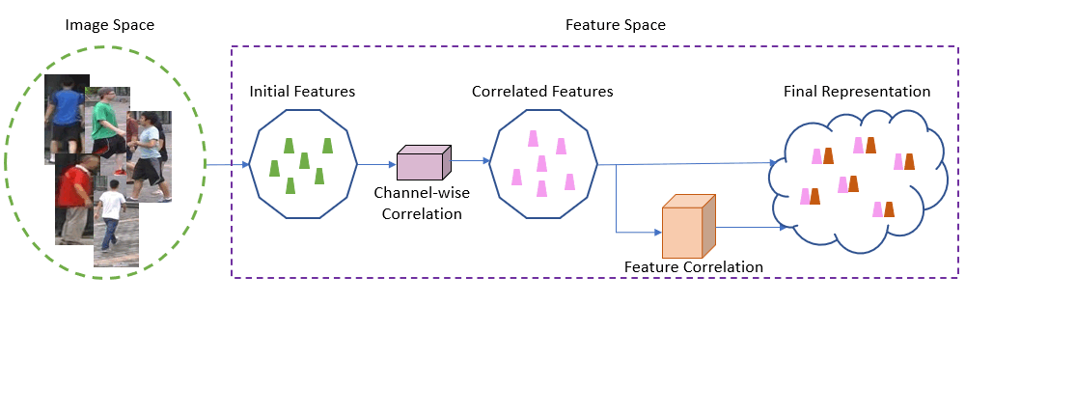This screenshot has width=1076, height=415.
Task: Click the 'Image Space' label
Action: tap(109, 25)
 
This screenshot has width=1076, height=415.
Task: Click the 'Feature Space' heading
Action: tap(615, 25)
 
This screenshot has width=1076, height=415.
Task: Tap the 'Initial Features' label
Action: tap(302, 92)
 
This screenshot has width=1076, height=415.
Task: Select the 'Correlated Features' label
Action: tap(542, 92)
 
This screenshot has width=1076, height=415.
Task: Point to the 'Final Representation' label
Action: tap(857, 92)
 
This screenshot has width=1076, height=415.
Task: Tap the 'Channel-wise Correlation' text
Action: tap(422, 203)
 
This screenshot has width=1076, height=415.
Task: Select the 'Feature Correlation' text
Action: tap(693, 266)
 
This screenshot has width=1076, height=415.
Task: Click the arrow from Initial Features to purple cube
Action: tap(376, 164)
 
